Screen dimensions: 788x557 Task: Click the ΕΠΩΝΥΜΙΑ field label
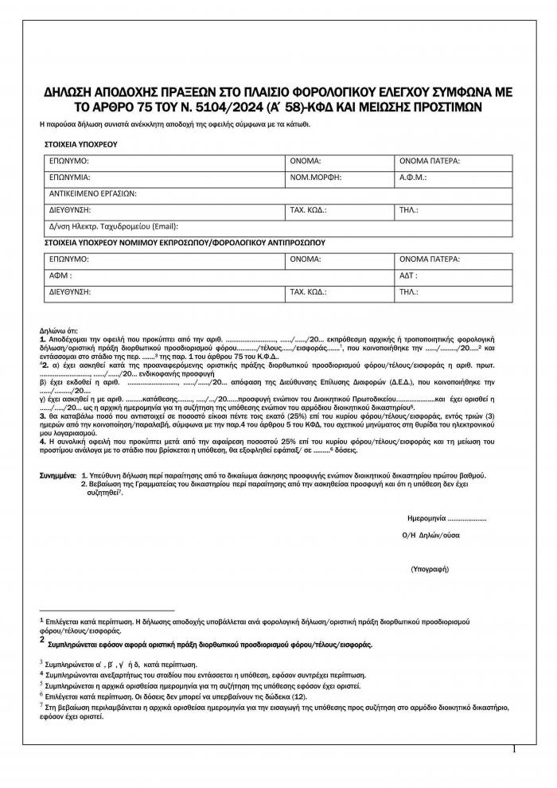[69, 177]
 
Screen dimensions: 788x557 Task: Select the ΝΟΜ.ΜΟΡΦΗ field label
[314, 177]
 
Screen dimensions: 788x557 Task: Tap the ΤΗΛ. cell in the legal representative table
[409, 292]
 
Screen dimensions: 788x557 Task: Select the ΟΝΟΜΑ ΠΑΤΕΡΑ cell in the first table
[430, 161]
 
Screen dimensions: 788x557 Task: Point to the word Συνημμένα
[58, 475]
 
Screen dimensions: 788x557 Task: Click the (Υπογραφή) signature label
[430, 570]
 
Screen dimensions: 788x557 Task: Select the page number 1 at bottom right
[515, 749]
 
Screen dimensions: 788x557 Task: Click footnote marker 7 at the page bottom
[41, 705]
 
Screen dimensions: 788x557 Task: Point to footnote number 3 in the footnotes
[41, 662]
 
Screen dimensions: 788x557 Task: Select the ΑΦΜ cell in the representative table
[60, 275]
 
